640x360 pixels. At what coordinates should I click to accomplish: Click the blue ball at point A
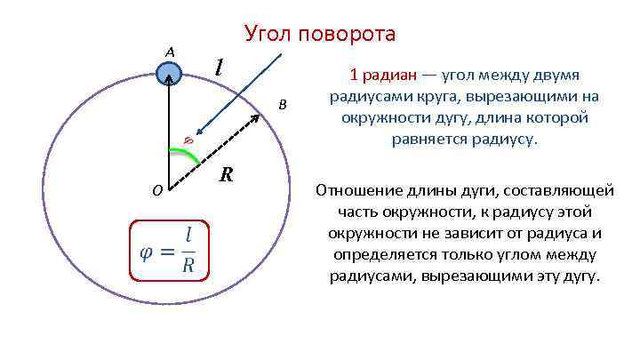pyautogui.click(x=169, y=75)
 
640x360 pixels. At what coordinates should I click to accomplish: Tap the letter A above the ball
pyautogui.click(x=169, y=52)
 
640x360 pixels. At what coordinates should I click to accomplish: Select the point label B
pyautogui.click(x=283, y=105)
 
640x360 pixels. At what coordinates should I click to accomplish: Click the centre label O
pyautogui.click(x=156, y=189)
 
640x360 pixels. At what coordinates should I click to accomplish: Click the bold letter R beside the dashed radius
pyautogui.click(x=227, y=173)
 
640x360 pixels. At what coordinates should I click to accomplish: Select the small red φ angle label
pyautogui.click(x=188, y=138)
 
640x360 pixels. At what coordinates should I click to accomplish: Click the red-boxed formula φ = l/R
pyautogui.click(x=169, y=251)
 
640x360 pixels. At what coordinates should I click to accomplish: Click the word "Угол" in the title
pyautogui.click(x=268, y=35)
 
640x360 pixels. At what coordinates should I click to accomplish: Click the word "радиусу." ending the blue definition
pyautogui.click(x=509, y=139)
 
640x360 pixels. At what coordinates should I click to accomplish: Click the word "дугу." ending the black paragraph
pyautogui.click(x=582, y=276)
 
